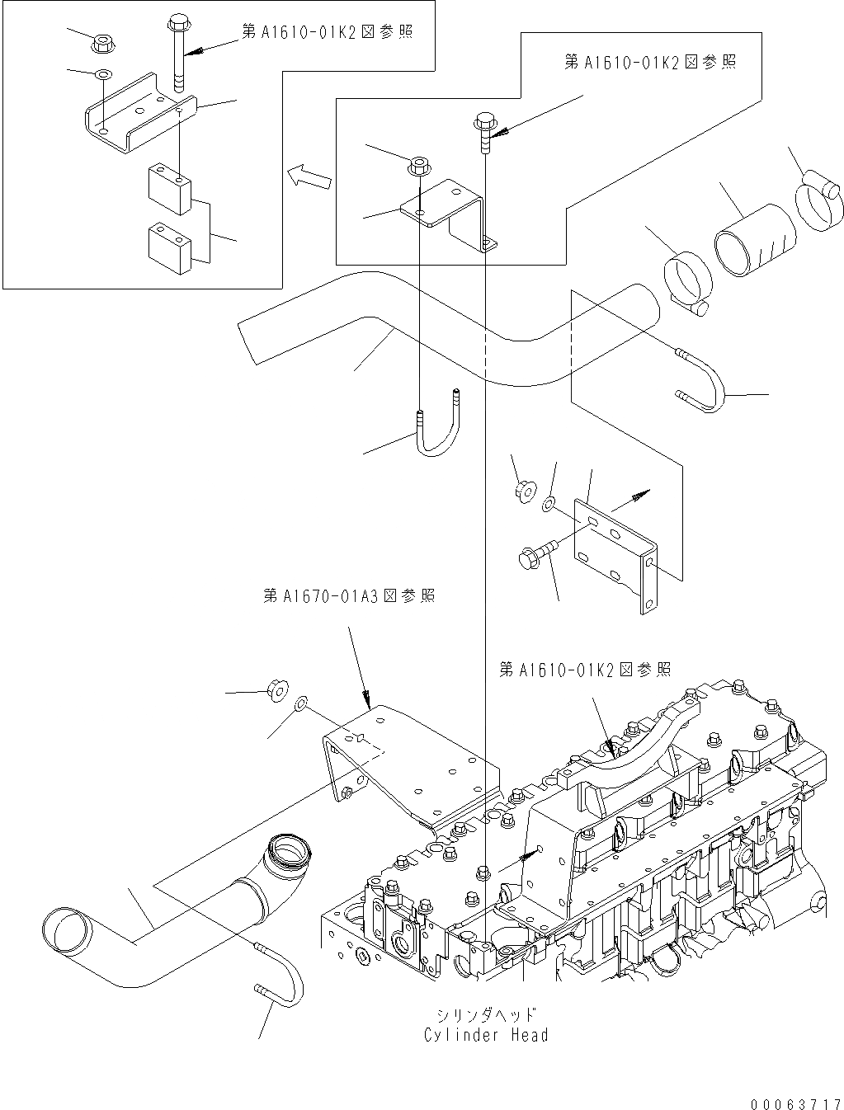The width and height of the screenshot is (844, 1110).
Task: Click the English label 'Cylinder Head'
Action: tap(485, 1035)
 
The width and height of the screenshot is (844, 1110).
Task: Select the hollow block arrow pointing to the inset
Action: tap(309, 176)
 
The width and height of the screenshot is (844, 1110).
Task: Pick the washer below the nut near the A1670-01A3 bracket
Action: tap(301, 703)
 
